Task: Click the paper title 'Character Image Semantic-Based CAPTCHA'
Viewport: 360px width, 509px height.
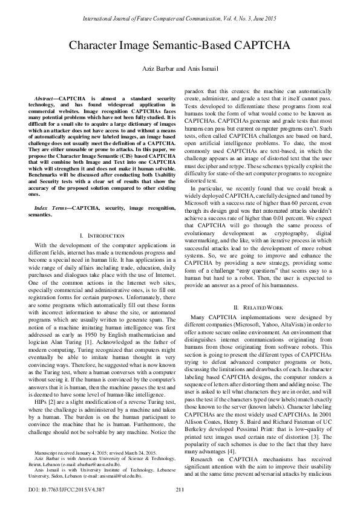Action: point(180,45)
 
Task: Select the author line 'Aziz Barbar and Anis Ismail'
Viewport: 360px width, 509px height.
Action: point(180,68)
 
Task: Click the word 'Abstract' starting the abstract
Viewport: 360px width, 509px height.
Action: point(43,97)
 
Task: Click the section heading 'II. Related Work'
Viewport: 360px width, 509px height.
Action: point(262,308)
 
